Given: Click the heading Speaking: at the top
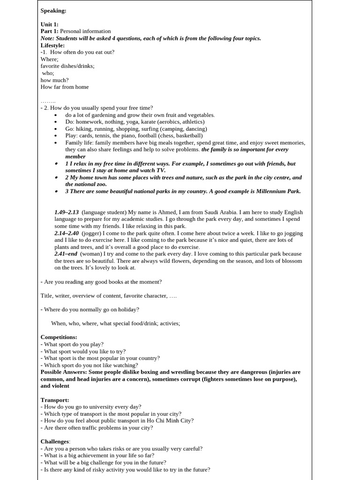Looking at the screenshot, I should click(53, 10).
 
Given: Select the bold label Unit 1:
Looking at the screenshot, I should click(49, 24).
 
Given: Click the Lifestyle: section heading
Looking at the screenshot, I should click(52, 45).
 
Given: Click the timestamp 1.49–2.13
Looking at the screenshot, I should click(67, 212).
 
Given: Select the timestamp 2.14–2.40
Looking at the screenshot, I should click(67, 233).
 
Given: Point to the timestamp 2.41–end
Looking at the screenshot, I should click(66, 254).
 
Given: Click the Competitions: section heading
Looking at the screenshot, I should click(59, 337).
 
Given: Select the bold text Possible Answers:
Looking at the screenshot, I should click(63, 372).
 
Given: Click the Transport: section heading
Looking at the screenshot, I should click(55, 400).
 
